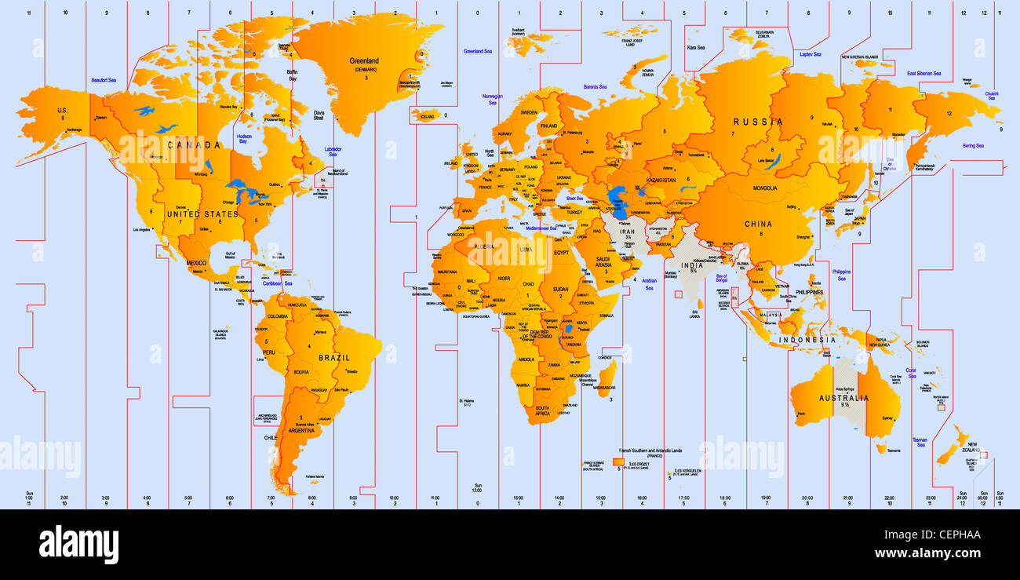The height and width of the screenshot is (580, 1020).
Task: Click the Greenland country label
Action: click(365, 60)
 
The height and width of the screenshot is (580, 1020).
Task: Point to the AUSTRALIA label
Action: click(844, 398)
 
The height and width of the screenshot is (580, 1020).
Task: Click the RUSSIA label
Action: click(758, 122)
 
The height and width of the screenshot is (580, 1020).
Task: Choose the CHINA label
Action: click(759, 224)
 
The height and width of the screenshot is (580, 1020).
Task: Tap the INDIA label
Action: click(693, 265)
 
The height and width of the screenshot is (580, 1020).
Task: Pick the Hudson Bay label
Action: click(243, 138)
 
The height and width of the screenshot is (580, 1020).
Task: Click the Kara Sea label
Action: click(696, 47)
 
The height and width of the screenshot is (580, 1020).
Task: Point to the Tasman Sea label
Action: click(920, 443)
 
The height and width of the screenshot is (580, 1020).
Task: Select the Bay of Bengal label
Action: click(721, 278)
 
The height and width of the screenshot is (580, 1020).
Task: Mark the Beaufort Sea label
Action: click(103, 80)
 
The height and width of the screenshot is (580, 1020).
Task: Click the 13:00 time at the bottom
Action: click(518, 497)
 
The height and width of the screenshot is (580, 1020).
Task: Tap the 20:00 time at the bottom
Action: click(807, 497)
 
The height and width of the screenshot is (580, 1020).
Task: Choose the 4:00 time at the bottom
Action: click(147, 497)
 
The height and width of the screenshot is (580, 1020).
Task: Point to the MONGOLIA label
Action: click(765, 188)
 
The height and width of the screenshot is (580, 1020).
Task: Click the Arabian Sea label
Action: click(649, 284)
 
